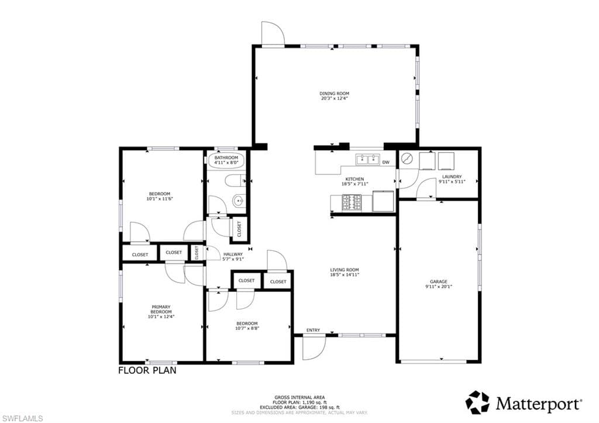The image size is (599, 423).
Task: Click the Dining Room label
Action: pyautogui.click(x=334, y=94)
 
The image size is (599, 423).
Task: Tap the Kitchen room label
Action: pyautogui.click(x=354, y=179)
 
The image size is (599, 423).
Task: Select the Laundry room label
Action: pyautogui.click(x=452, y=176)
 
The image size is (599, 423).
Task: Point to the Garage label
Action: pyautogui.click(x=439, y=281)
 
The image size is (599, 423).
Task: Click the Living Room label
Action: pyautogui.click(x=344, y=270)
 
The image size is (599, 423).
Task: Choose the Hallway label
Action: pyautogui.click(x=233, y=254)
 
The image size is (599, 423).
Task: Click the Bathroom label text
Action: pyautogui.click(x=226, y=158)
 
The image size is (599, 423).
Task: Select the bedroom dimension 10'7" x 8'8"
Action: pyautogui.click(x=247, y=328)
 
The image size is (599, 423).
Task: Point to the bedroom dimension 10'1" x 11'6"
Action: pyautogui.click(x=160, y=199)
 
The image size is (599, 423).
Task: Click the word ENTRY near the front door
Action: pyautogui.click(x=313, y=331)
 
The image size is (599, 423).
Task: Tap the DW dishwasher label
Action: pyautogui.click(x=385, y=162)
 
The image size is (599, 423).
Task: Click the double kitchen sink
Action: pyautogui.click(x=367, y=159)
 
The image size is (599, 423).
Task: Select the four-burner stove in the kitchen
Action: pyautogui.click(x=351, y=202)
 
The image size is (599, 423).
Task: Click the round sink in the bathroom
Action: pyautogui.click(x=237, y=202)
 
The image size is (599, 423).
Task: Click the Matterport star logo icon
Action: pyautogui.click(x=477, y=403)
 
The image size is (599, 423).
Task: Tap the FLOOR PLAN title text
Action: pyautogui.click(x=147, y=370)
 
